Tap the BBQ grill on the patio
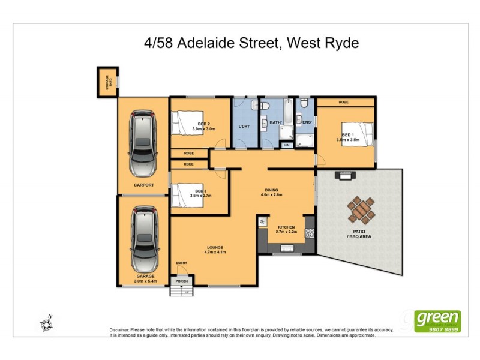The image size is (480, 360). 346,176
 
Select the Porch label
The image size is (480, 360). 181,281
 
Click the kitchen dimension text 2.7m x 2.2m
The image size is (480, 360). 286,232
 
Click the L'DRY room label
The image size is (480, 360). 244,127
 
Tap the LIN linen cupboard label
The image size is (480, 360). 287,145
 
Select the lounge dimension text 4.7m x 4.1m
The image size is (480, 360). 215,252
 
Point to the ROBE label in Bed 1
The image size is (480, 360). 344,103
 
